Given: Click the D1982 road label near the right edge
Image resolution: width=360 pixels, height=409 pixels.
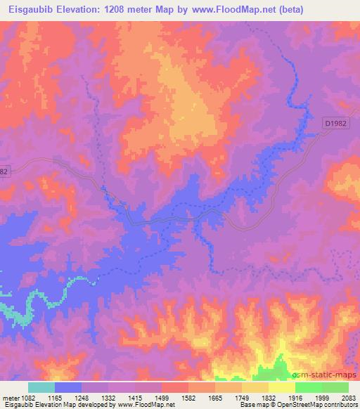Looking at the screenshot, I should (336, 123).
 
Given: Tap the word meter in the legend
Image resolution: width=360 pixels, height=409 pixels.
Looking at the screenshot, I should (9, 398).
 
